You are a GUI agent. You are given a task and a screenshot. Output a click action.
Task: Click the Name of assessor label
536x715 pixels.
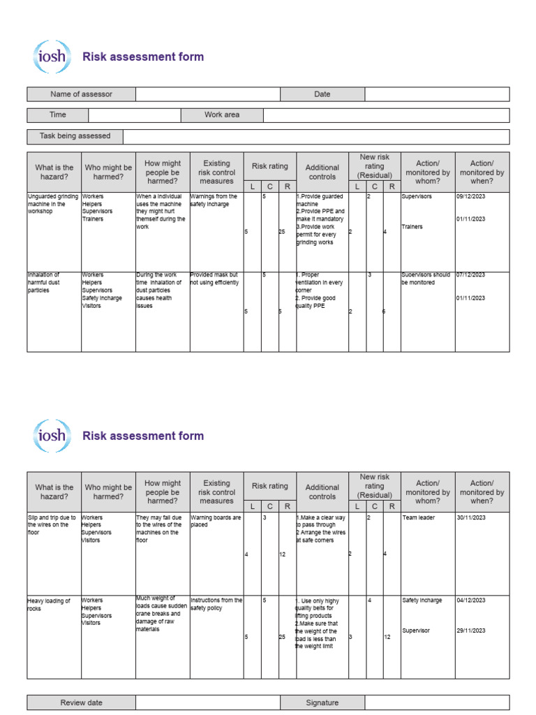click(81, 94)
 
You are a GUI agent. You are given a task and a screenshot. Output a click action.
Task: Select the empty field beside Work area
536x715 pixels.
click(386, 115)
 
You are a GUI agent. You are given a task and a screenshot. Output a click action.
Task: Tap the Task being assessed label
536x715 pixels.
click(75, 136)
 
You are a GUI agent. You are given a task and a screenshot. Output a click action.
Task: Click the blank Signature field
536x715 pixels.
click(437, 702)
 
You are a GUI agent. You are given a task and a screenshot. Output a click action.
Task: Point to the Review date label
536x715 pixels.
click(81, 702)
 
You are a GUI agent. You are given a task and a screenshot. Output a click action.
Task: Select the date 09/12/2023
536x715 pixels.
click(470, 197)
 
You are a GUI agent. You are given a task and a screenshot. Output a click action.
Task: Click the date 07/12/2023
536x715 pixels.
click(470, 275)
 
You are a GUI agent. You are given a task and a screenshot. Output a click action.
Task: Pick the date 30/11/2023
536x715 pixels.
click(470, 518)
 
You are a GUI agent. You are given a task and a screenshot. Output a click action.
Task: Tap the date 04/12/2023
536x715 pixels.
click(470, 600)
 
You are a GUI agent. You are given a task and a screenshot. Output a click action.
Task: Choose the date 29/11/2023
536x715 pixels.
click(470, 631)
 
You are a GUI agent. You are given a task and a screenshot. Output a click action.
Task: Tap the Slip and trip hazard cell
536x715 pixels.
click(52, 525)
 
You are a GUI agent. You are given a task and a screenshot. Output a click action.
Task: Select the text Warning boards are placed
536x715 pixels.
click(216, 521)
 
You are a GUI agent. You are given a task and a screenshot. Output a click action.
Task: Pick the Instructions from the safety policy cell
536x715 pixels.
click(216, 604)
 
